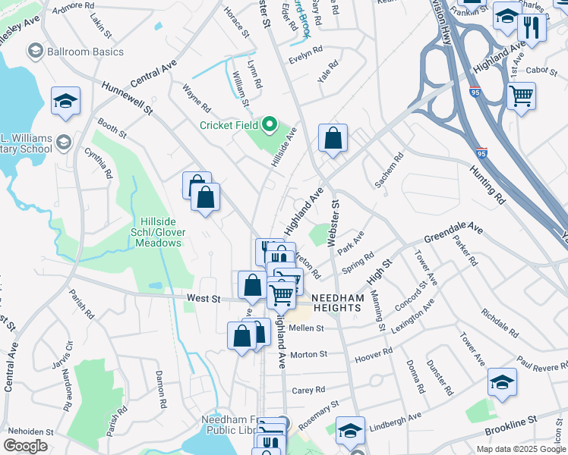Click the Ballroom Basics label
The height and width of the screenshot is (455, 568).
pos(73,52)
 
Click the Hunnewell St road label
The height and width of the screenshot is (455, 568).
pos(128,99)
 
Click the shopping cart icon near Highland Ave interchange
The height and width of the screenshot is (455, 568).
pos(521,96)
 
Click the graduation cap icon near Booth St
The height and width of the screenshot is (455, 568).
pos(66,101)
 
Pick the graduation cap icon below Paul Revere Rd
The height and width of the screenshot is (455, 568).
pos(502,382)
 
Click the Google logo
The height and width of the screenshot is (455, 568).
pos(25,446)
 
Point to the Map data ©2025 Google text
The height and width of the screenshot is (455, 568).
pos(519,449)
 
